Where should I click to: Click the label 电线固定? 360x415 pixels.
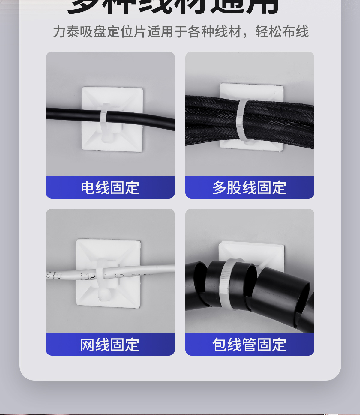(110, 188)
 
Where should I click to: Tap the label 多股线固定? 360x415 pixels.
(249, 188)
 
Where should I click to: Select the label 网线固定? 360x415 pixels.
(110, 345)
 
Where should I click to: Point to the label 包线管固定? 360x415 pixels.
(249, 345)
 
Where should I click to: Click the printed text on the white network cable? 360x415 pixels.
(87, 276)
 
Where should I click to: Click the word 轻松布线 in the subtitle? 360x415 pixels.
(282, 32)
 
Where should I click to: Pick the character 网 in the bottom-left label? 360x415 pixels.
(87, 345)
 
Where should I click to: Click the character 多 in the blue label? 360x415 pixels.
(219, 188)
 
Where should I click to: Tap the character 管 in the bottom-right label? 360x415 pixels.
(249, 345)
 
